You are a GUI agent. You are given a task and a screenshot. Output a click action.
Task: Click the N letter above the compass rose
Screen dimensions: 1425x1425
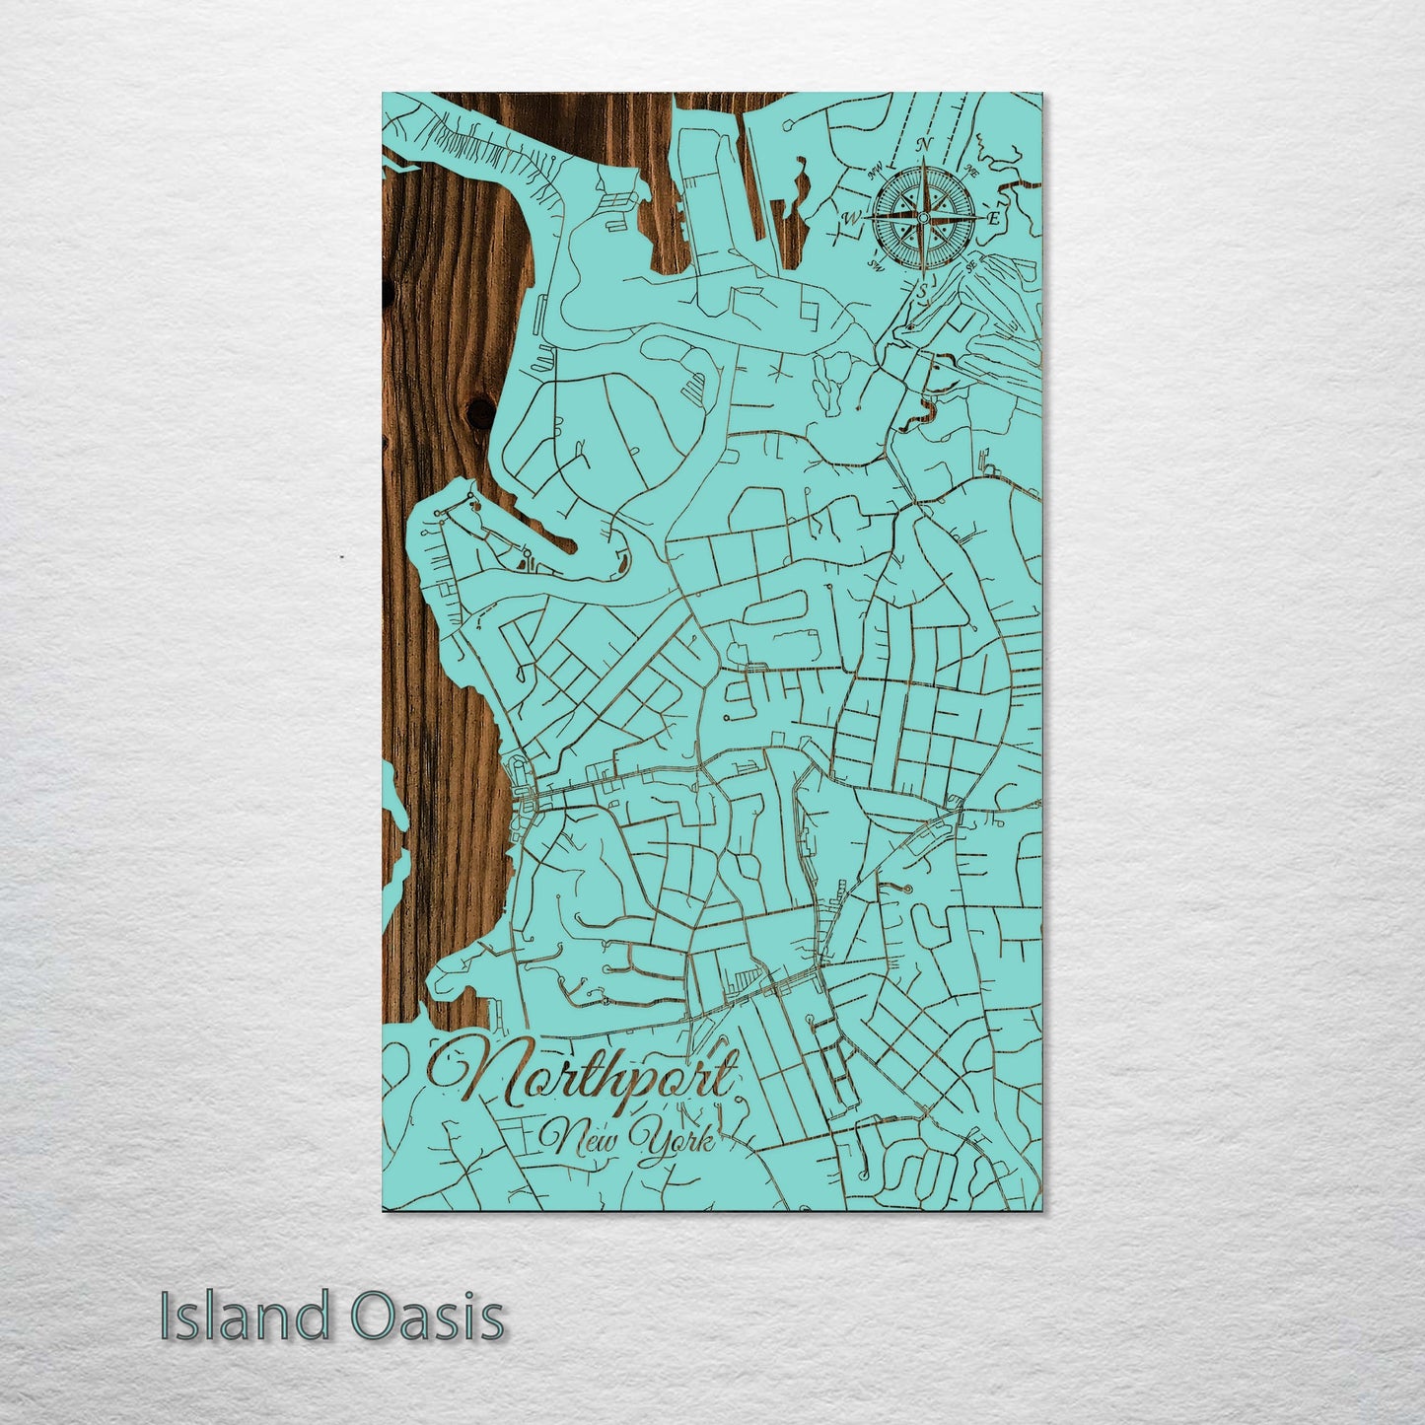pyautogui.click(x=925, y=144)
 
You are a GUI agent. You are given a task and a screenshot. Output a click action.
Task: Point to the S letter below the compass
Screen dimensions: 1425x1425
pyautogui.click(x=923, y=291)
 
